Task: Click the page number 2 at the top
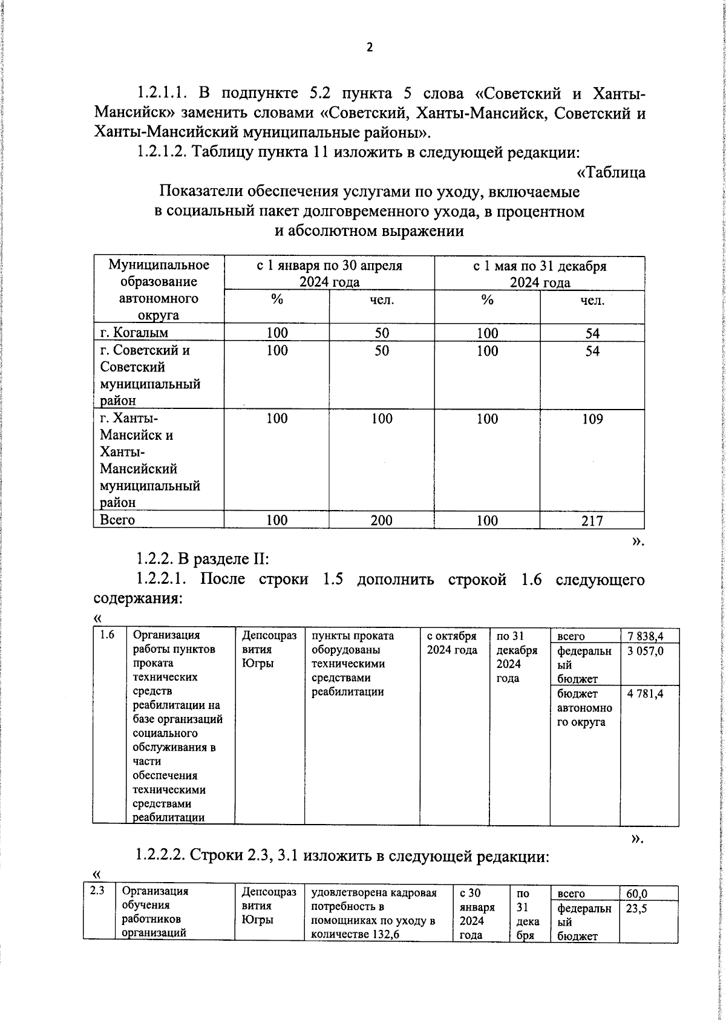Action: pyautogui.click(x=370, y=47)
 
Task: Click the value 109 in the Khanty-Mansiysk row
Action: pyautogui.click(x=592, y=419)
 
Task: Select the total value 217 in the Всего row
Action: pyautogui.click(x=592, y=520)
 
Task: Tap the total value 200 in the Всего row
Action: pyautogui.click(x=381, y=520)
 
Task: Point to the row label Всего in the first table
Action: pyautogui.click(x=117, y=520)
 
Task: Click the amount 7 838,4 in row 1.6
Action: pyautogui.click(x=646, y=636)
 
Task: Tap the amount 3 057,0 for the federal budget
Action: pyautogui.click(x=646, y=651)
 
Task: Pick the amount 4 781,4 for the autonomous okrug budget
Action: pyautogui.click(x=646, y=693)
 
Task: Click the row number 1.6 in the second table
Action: pyautogui.click(x=107, y=635)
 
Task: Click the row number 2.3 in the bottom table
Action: pyautogui.click(x=97, y=891)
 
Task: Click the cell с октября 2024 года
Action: pyautogui.click(x=452, y=643)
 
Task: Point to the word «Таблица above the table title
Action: pyautogui.click(x=611, y=172)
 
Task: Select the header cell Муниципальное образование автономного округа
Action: pyautogui.click(x=159, y=290)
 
